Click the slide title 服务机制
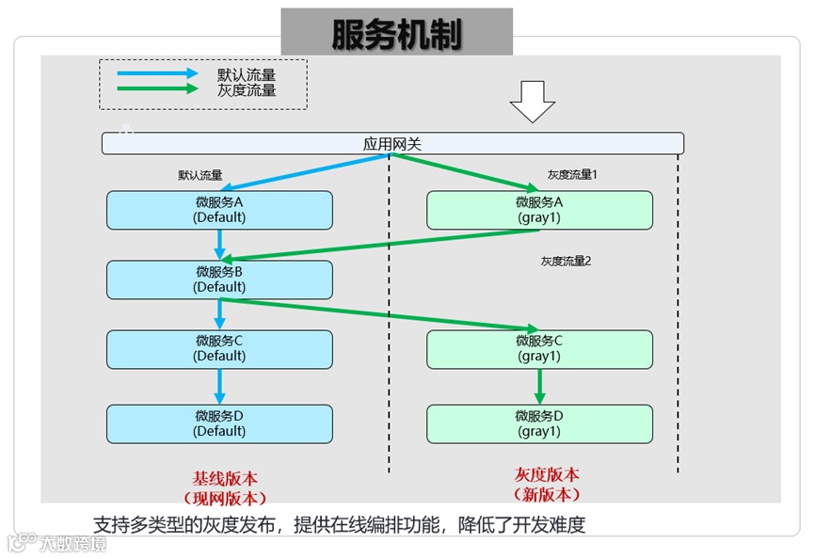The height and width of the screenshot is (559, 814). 396,34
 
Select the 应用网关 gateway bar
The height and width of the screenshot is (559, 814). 392,144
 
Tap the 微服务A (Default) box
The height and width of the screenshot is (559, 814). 219,210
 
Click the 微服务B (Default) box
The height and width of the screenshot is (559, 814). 219,279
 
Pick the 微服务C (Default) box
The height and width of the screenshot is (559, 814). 219,348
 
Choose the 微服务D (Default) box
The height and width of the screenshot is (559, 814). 219,423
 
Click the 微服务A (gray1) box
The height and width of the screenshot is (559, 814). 539,210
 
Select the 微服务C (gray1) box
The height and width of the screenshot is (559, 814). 539,348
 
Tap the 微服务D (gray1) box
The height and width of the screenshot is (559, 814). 539,423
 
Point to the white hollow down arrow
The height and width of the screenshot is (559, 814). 533,102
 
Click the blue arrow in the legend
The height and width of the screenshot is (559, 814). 157,73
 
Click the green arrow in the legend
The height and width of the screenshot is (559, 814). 157,89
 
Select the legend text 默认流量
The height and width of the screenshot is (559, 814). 247,73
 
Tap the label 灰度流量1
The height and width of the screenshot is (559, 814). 573,174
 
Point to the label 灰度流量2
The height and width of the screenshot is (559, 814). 566,261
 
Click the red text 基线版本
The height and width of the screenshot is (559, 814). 226,477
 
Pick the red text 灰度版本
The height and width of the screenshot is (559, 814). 547,474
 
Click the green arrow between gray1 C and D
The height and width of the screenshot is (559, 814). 539,386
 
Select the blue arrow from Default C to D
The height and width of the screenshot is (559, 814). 219,386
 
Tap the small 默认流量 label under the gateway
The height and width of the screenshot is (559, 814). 200,175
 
